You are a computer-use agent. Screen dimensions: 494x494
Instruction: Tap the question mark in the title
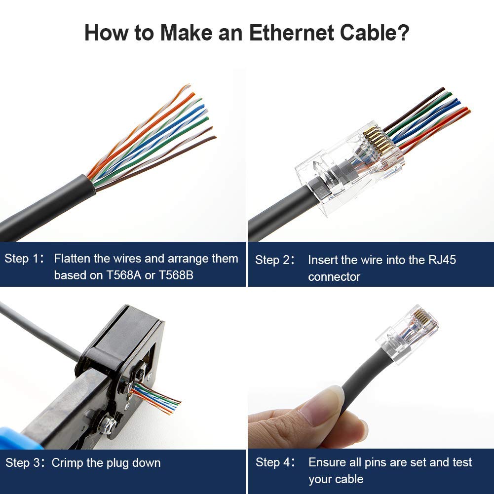[x=403, y=33]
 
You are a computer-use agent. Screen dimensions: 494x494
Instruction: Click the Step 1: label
[x=25, y=259]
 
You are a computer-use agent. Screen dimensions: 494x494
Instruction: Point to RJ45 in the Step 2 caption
[x=442, y=260]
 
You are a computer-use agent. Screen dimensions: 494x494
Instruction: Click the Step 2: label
[x=275, y=260]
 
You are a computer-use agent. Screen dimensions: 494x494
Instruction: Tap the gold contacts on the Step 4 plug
[x=422, y=316]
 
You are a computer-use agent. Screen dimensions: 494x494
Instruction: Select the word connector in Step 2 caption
[x=334, y=277]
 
